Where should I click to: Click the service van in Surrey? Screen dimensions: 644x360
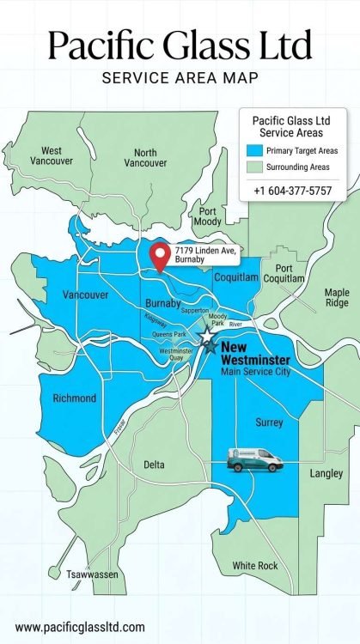255,461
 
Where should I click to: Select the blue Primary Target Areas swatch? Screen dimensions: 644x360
253,151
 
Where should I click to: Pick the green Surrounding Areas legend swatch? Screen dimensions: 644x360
253,167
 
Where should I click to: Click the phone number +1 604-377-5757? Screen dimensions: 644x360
292,190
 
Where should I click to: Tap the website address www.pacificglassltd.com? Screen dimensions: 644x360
80,627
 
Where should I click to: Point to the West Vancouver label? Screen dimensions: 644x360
51,155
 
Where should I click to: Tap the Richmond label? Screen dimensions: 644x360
74,398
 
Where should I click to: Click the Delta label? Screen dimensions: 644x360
154,465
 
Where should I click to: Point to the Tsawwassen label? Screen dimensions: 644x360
94,574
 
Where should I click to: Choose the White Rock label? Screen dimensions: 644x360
255,566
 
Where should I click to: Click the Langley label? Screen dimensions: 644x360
326,473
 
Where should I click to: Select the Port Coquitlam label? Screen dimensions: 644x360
284,274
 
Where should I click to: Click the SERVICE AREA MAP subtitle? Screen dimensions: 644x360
180,78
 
